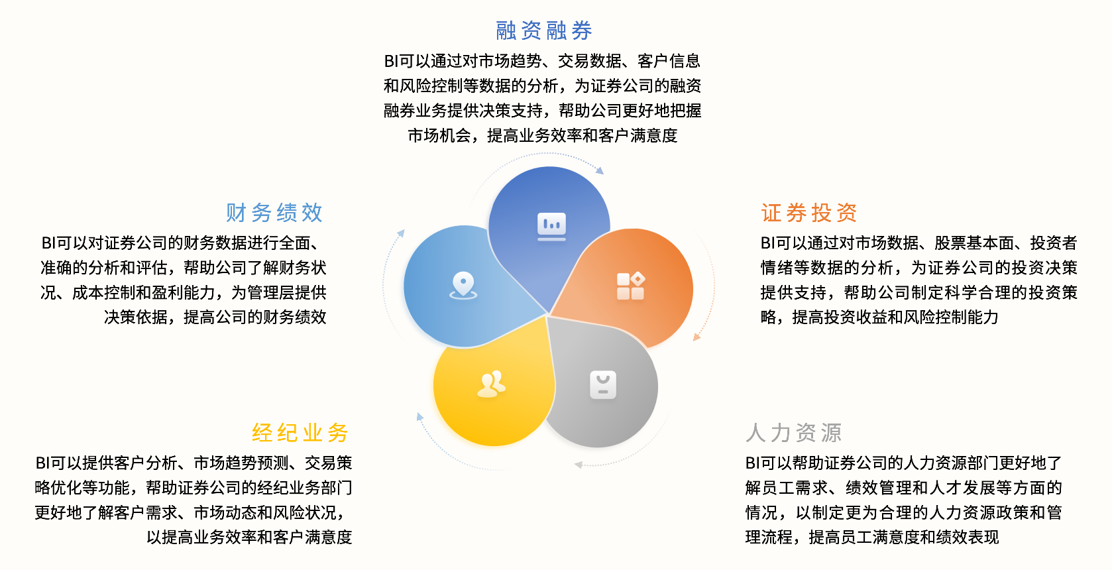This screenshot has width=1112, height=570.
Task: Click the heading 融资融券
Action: tap(544, 30)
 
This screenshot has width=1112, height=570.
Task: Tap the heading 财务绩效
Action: tap(274, 213)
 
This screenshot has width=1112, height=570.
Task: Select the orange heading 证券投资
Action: tap(809, 213)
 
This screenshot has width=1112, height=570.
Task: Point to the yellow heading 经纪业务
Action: tap(300, 432)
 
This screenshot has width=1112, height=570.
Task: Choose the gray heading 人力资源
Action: tap(794, 432)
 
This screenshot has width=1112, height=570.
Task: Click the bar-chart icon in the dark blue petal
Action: tap(551, 227)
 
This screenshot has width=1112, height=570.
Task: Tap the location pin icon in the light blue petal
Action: tap(463, 286)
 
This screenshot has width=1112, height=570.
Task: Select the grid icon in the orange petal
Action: tap(630, 286)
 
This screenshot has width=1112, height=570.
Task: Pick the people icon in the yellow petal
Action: tap(492, 384)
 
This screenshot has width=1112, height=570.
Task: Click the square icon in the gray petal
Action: tap(603, 385)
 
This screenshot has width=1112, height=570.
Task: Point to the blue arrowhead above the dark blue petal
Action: tap(600, 171)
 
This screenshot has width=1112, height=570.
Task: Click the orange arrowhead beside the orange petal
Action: tap(697, 337)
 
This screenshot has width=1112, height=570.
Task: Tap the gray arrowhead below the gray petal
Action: tap(579, 465)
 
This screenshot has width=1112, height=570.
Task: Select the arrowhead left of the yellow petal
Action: tap(420, 417)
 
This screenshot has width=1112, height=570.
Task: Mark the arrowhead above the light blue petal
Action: tap(401, 233)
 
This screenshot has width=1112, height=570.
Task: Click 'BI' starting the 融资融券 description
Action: tap(391, 61)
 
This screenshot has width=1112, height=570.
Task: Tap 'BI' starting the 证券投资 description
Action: tap(768, 243)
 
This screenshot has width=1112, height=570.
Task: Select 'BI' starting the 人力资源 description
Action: tap(753, 463)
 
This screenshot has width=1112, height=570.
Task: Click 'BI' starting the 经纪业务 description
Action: tap(42, 463)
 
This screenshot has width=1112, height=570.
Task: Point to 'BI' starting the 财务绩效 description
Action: tap(48, 243)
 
